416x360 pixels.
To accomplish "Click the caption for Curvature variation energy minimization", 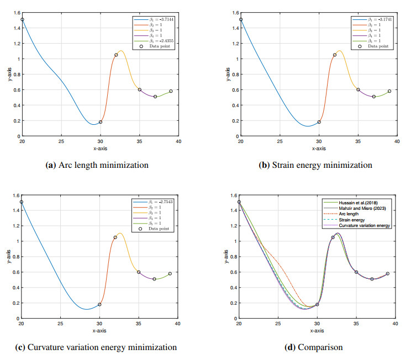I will (96, 347).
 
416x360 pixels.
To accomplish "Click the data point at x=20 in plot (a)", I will (22, 19).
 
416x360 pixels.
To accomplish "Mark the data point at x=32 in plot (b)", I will (334, 55).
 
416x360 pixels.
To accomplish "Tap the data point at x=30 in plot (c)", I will (99, 304).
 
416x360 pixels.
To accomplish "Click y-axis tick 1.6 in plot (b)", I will (235, 13).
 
